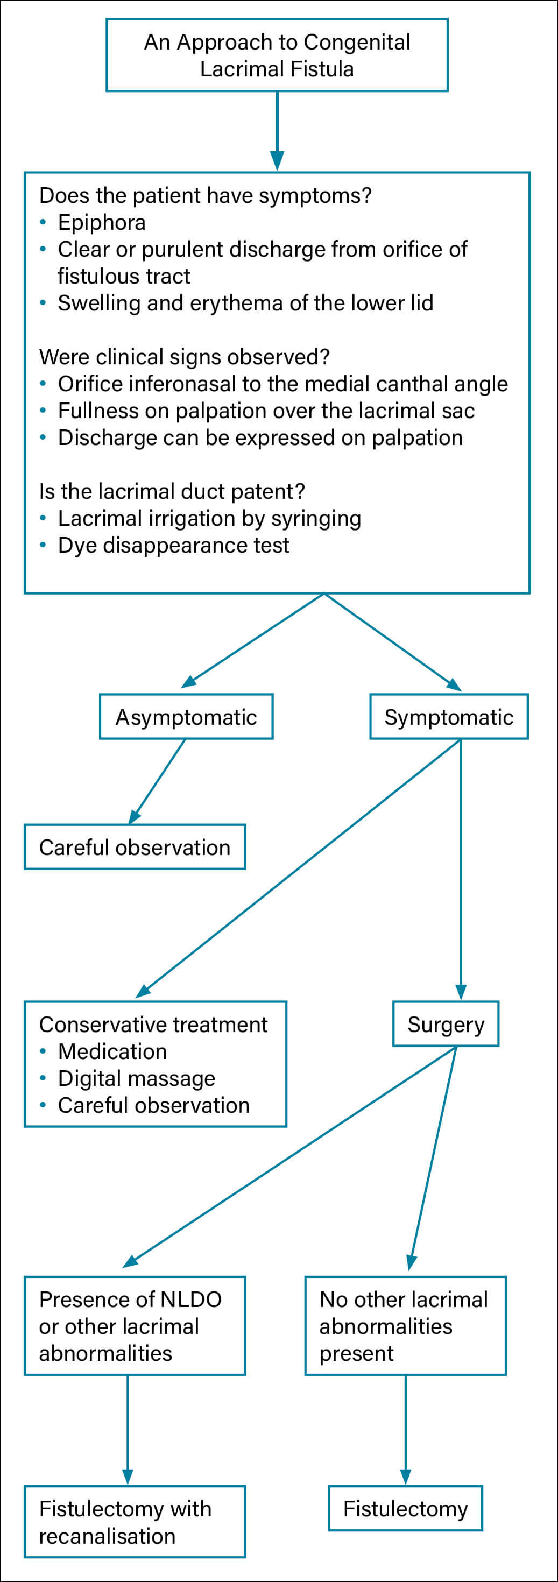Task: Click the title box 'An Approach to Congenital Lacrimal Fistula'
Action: [x=277, y=55]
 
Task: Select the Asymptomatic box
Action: [x=186, y=717]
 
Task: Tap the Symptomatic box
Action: [x=449, y=717]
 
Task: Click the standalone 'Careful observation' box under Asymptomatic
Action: [x=135, y=847]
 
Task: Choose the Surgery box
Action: [x=446, y=1025]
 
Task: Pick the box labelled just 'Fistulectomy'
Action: [x=405, y=1509]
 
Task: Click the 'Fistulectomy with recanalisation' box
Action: [x=135, y=1522]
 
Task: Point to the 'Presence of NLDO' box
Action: [x=135, y=1326]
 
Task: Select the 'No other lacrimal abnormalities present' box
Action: [x=405, y=1326]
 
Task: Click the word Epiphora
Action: [x=102, y=222]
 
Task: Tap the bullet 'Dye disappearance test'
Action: [x=174, y=545]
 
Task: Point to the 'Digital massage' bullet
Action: [x=137, y=1078]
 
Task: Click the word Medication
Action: [x=112, y=1051]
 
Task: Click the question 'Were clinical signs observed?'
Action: [x=184, y=357]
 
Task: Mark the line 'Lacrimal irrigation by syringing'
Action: [x=209, y=519]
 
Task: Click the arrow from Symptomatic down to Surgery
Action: [x=461, y=870]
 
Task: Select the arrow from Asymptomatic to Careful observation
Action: [x=157, y=781]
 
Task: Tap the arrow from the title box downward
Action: [x=277, y=131]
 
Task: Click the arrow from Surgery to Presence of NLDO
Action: [x=289, y=1157]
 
